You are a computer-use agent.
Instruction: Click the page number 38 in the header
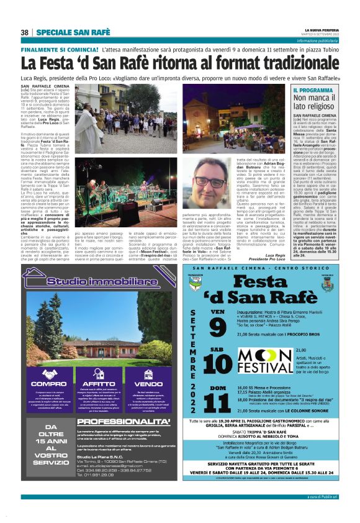point(25,32)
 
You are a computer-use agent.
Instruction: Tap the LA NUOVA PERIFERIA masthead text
point(323,29)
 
